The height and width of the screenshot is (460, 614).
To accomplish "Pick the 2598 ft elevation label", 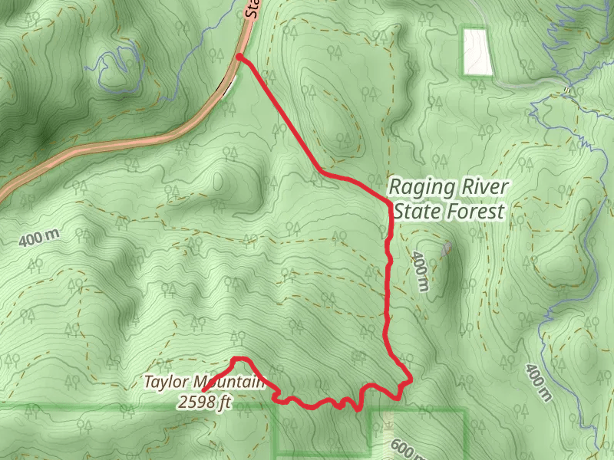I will click(204, 400).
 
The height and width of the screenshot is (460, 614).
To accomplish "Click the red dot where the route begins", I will click(239, 58).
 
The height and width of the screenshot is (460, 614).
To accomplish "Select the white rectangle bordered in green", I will click(477, 51).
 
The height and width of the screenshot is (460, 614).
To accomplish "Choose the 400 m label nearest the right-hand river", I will click(539, 382).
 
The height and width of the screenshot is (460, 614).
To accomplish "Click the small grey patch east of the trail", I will click(447, 248).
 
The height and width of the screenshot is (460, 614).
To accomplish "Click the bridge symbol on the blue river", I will click(567, 90).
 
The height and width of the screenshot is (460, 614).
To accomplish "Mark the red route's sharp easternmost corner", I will click(411, 378).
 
